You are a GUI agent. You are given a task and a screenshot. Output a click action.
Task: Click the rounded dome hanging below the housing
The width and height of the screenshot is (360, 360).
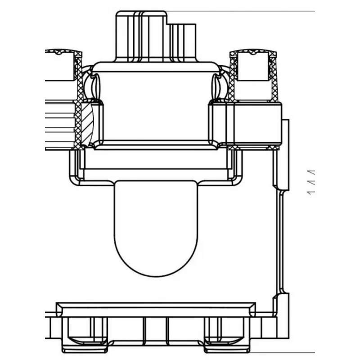tap(156, 229)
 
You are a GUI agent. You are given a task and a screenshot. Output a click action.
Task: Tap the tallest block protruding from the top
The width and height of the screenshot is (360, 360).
tap(141, 36)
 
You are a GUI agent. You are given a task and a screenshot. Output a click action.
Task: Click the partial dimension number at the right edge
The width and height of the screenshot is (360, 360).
tap(311, 182)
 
